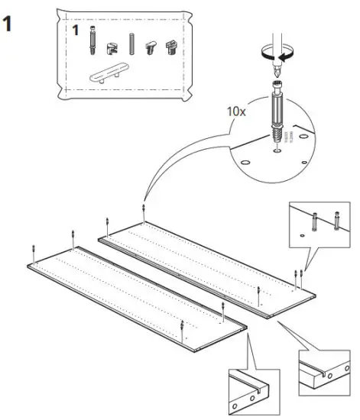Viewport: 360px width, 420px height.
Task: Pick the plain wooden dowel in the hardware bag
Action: (x=132, y=44)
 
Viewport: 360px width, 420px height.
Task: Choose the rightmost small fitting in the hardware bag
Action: (x=172, y=45)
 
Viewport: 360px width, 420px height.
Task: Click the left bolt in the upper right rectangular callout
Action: (x=313, y=221)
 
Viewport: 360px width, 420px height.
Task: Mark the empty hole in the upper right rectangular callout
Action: (x=303, y=236)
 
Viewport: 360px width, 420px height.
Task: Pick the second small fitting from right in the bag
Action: (x=151, y=47)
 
